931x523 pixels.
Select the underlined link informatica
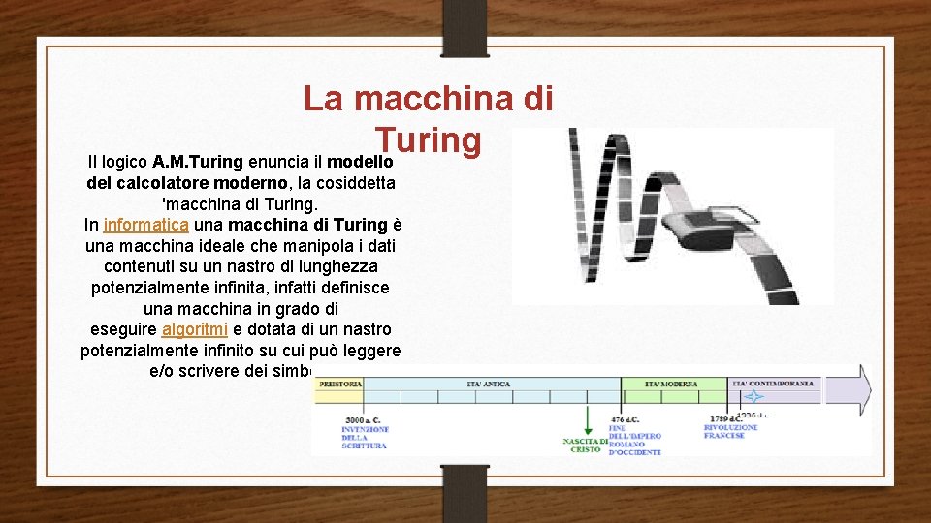pyautogui.click(x=145, y=225)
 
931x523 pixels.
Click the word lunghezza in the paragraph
pyautogui.click(x=335, y=265)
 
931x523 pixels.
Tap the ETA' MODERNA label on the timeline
pyautogui.click(x=672, y=385)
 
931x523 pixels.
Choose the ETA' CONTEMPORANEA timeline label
pyautogui.click(x=774, y=385)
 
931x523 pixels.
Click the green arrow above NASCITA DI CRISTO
pyautogui.click(x=587, y=418)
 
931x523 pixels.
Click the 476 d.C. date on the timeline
pyautogui.click(x=623, y=419)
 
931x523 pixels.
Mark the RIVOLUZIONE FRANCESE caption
pyautogui.click(x=731, y=431)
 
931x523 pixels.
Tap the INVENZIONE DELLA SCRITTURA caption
pyautogui.click(x=365, y=437)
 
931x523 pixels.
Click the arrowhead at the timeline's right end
pyautogui.click(x=861, y=390)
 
